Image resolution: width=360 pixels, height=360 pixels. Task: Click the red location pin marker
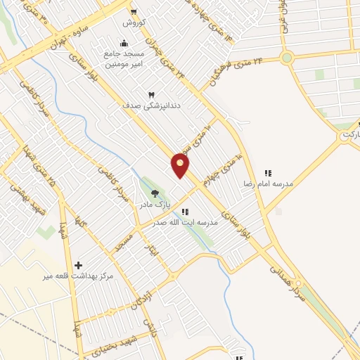(x=181, y=166)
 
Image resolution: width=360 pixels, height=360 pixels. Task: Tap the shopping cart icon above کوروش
(x=134, y=12)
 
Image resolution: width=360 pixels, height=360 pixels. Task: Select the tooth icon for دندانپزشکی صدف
(x=151, y=94)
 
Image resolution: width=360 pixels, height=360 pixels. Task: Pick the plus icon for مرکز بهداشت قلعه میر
(x=78, y=265)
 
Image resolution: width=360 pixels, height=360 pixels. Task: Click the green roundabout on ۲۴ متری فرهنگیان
(x=286, y=58)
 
